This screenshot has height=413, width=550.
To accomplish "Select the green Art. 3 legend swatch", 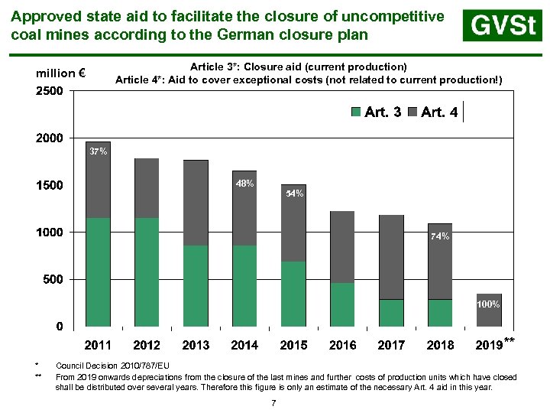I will tap(357, 112).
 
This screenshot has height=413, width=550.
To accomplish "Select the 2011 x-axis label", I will tap(98, 345).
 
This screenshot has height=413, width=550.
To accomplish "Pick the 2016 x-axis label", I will tap(342, 345).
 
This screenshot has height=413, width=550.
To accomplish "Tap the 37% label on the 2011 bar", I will tap(98, 151).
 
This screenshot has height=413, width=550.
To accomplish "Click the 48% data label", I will tap(244, 184).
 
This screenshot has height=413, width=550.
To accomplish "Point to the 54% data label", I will tap(294, 193).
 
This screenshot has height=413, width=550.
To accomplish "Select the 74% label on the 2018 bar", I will tap(440, 236).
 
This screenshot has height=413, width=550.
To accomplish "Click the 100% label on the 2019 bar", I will tap(488, 304).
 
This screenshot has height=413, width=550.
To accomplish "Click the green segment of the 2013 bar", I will tap(196, 286).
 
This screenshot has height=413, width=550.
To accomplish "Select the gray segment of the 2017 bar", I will tap(391, 257).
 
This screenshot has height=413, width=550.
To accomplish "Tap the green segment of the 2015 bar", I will tap(293, 294).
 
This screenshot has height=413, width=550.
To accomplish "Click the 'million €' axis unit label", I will tap(60, 73).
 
